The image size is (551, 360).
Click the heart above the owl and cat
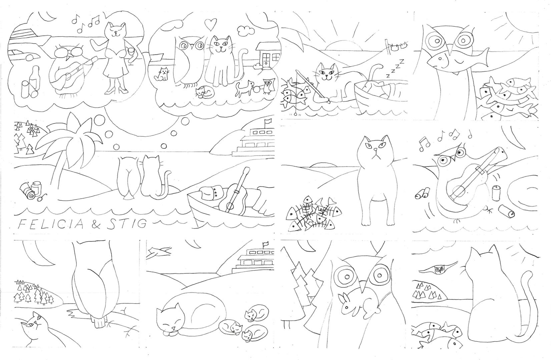point(211,24)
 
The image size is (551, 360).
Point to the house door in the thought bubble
point(266,60)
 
